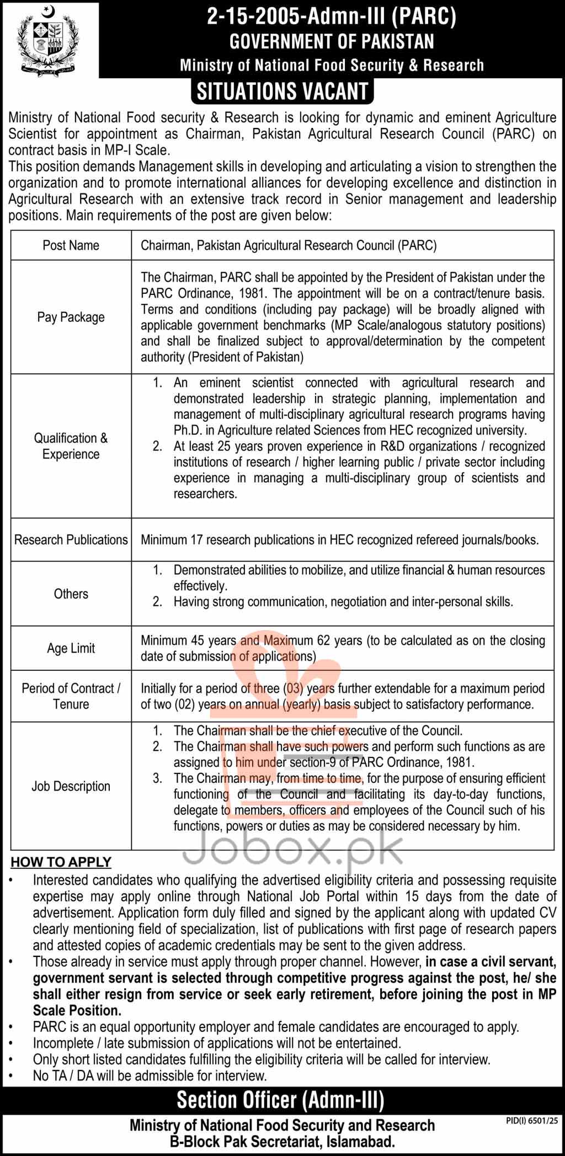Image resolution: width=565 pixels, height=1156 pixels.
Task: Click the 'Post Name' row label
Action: click(x=71, y=245)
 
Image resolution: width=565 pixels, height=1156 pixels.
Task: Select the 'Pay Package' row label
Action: click(x=71, y=317)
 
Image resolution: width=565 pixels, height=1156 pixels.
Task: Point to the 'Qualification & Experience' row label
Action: click(x=71, y=446)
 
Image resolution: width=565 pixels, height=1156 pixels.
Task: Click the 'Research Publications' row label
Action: click(x=71, y=540)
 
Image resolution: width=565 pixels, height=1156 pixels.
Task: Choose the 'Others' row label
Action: click(x=71, y=594)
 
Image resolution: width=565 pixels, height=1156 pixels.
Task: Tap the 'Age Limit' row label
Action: click(x=71, y=648)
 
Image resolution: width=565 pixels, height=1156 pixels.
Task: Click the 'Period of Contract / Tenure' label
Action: click(x=71, y=696)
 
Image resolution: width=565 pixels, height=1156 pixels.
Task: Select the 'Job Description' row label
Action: click(x=71, y=786)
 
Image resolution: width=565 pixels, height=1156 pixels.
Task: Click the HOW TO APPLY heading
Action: click(x=61, y=862)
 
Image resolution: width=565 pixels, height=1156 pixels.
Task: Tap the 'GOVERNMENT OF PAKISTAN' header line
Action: click(x=332, y=41)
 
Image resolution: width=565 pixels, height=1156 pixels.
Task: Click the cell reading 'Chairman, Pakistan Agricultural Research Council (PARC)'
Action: click(x=289, y=245)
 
